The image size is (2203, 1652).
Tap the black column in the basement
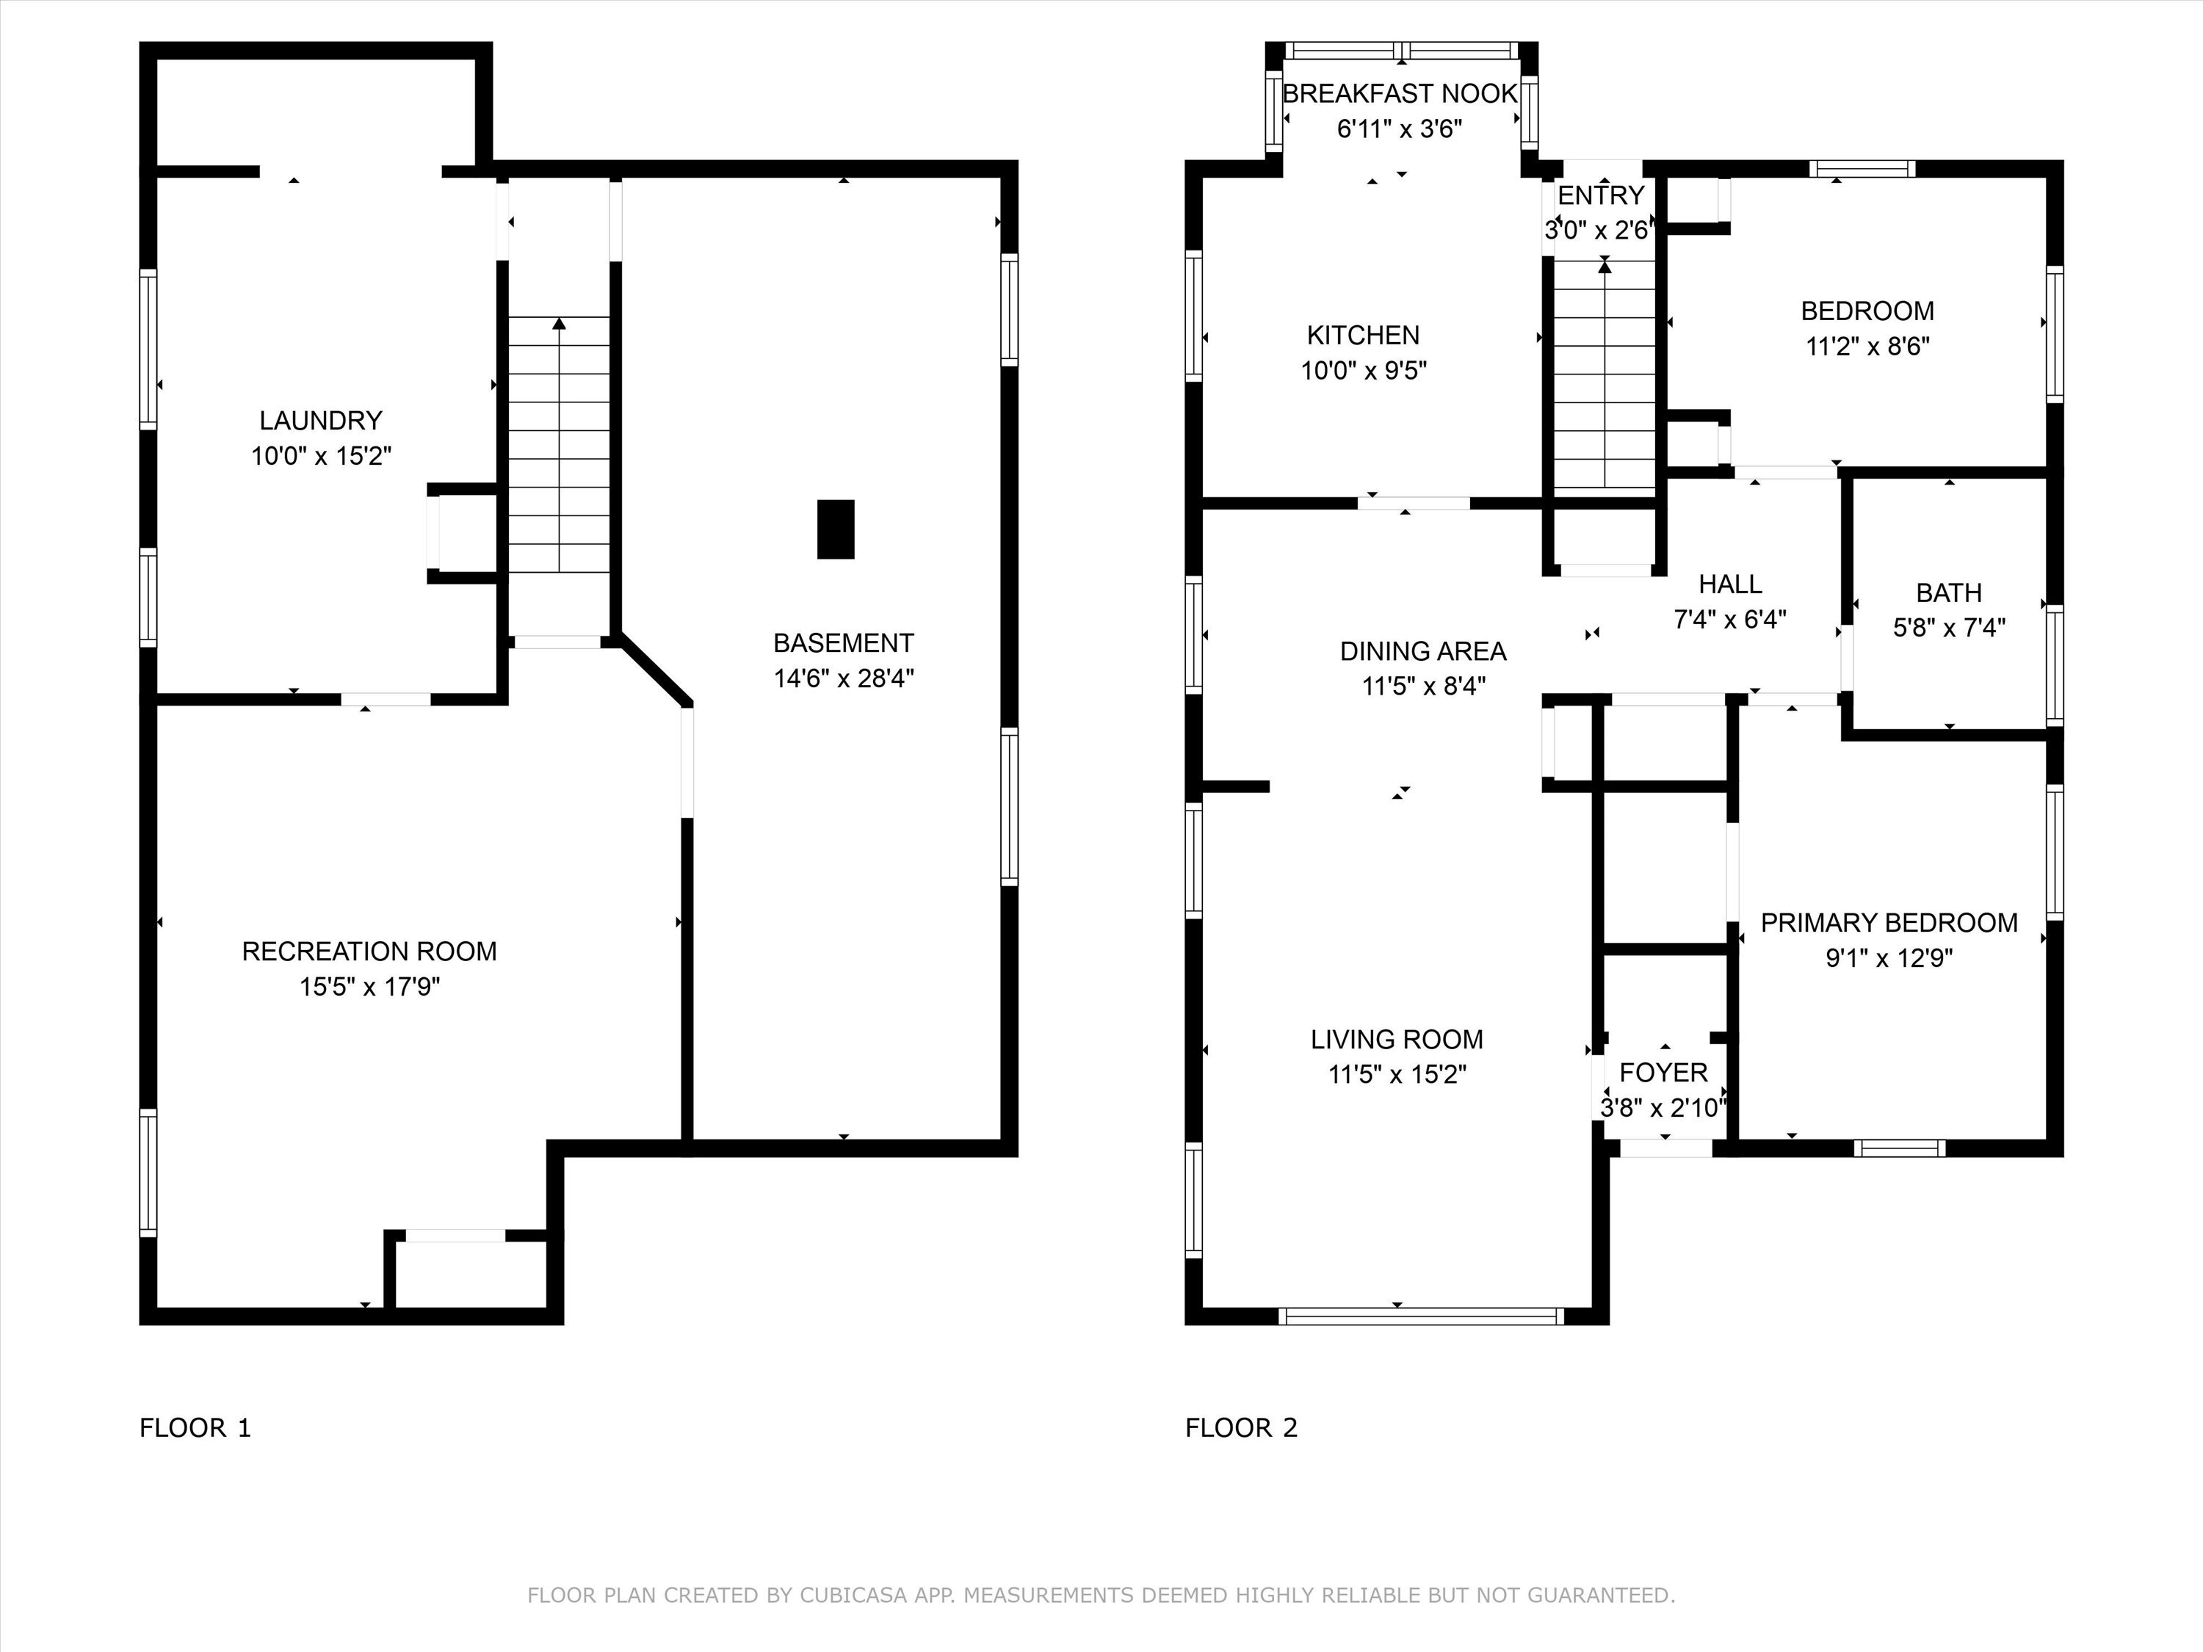click(x=836, y=529)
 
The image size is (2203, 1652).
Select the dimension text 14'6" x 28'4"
click(x=844, y=678)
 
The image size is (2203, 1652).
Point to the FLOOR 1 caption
click(x=195, y=1428)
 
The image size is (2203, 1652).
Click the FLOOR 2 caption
click(x=1241, y=1428)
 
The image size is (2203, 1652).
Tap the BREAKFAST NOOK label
click(x=1400, y=93)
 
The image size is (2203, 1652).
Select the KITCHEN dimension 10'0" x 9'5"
click(x=1364, y=371)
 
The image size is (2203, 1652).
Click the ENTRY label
click(x=1600, y=195)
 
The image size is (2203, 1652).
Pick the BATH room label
click(x=1949, y=593)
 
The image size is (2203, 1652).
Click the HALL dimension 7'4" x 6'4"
click(x=1730, y=620)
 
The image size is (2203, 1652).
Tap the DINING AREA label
click(x=1423, y=651)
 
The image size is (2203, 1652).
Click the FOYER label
click(x=1663, y=1073)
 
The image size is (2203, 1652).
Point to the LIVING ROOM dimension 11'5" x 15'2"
click(x=1397, y=1074)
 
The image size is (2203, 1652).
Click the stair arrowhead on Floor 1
click(x=560, y=324)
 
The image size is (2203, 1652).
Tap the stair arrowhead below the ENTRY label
click(x=1605, y=266)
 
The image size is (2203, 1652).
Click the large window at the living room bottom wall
click(x=1421, y=1316)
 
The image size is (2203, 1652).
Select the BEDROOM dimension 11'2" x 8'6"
click(x=1868, y=347)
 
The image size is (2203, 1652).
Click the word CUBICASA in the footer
click(x=853, y=1595)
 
